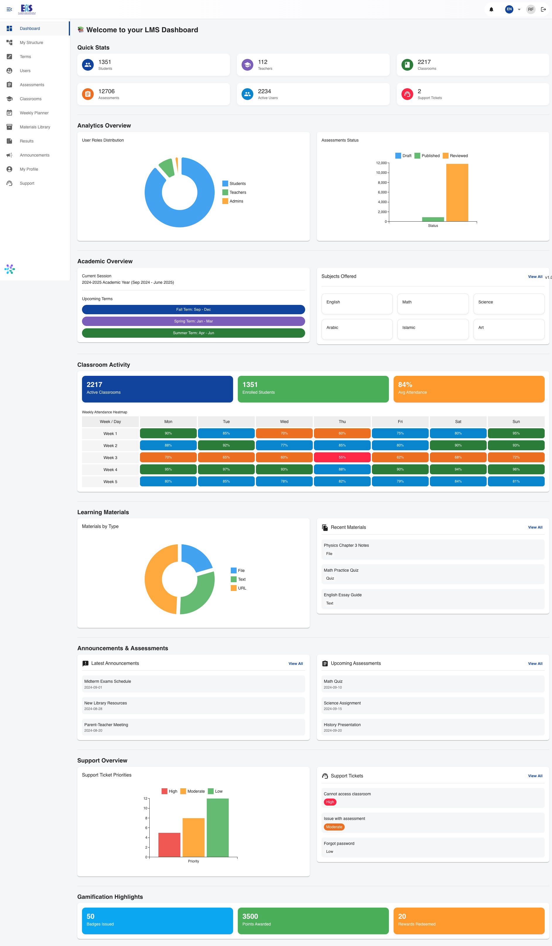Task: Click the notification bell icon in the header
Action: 491,9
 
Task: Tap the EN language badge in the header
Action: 509,9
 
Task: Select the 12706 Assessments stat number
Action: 107,91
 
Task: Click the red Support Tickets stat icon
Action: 407,94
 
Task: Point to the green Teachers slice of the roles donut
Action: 167,167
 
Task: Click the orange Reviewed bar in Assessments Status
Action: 457,192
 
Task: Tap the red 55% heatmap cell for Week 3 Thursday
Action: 342,457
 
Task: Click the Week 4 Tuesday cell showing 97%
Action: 226,469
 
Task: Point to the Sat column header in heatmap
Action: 458,422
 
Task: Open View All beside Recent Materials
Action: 535,527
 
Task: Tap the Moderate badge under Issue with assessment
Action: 334,827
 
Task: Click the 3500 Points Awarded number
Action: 250,916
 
